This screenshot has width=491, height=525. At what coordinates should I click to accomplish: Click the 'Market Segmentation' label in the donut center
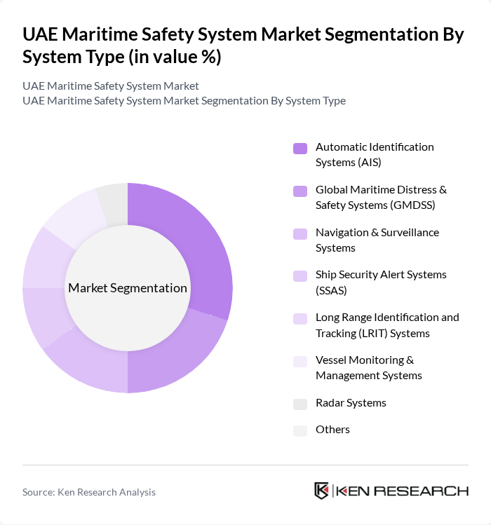click(128, 288)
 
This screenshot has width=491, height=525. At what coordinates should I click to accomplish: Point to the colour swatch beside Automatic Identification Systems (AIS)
click(300, 148)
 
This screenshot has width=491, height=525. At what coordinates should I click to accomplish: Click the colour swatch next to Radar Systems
click(300, 404)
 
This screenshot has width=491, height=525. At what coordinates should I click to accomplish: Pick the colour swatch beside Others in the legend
click(300, 430)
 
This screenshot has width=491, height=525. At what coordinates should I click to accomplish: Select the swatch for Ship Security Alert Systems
click(300, 275)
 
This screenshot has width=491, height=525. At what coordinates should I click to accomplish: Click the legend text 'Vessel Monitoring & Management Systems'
click(368, 367)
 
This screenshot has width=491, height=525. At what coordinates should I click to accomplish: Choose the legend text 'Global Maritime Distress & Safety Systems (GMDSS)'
click(381, 197)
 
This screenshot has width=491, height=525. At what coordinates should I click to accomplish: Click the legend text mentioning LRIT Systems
click(387, 325)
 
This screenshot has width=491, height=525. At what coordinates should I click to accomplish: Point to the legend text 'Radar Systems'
click(351, 403)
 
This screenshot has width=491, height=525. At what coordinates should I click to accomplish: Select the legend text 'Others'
click(332, 430)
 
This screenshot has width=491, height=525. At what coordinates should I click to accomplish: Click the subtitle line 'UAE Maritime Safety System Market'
click(111, 86)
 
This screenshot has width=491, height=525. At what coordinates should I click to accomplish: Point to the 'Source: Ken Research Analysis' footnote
click(89, 492)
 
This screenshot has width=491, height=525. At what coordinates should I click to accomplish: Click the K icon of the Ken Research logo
click(322, 491)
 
